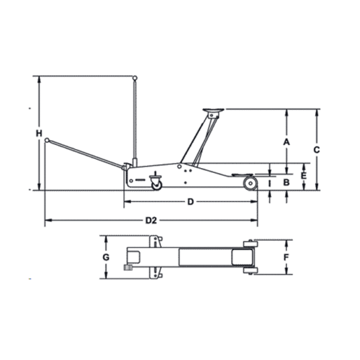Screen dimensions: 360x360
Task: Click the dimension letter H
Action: coord(39,133)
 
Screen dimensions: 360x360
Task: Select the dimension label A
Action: coord(286,142)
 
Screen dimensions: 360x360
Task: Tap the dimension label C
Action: coord(316,150)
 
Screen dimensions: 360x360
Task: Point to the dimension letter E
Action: coord(303,176)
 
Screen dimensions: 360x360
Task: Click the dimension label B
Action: coord(286,183)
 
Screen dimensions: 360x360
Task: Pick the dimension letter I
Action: coord(270,183)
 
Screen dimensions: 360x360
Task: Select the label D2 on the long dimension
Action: coord(151,220)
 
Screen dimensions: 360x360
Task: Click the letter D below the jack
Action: coord(191,202)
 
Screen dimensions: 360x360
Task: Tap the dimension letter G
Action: coord(106,257)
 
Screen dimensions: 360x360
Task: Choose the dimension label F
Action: coord(286,257)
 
